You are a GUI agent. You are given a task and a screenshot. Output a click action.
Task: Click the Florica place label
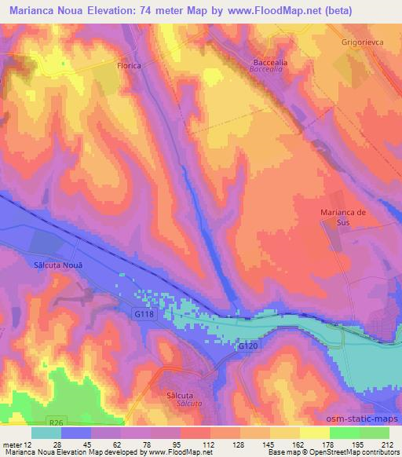point(128,66)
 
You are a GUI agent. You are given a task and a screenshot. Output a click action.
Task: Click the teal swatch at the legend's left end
point(46,433)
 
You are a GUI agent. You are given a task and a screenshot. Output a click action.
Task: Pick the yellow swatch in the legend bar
point(314,433)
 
